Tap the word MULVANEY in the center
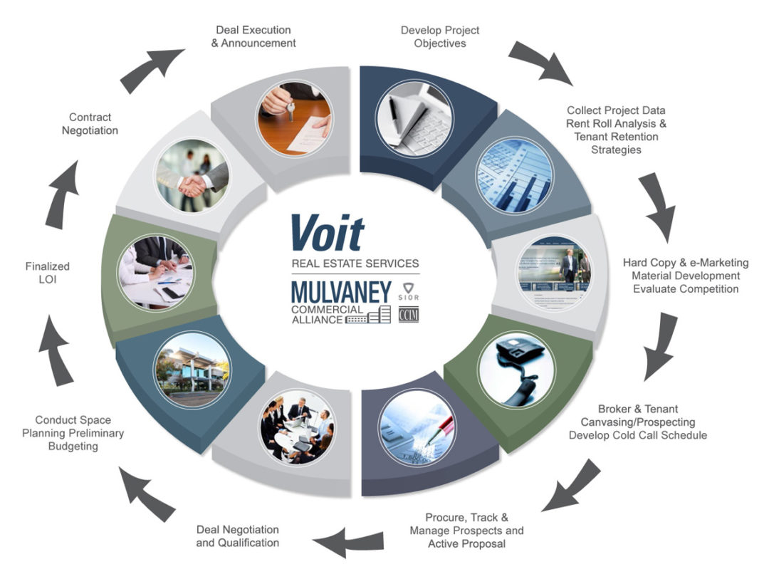(341, 292)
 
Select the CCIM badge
(409, 314)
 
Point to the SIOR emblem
(409, 292)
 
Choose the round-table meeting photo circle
(296, 425)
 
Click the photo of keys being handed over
(293, 117)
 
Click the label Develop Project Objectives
(440, 37)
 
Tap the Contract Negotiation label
(90, 124)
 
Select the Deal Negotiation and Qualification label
(238, 536)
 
